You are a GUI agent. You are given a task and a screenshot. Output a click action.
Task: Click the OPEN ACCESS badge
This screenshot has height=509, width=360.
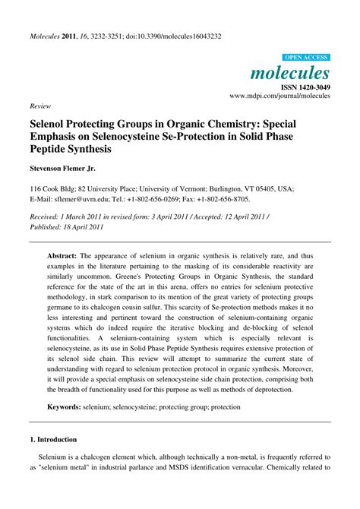tap(305, 58)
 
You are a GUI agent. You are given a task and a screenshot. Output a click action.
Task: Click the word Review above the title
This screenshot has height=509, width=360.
tap(40, 106)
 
